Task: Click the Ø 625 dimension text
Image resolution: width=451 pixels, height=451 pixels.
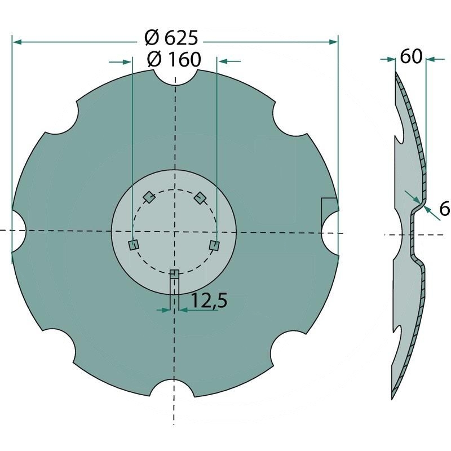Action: (171, 39)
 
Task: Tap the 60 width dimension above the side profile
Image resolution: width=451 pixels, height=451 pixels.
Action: (411, 57)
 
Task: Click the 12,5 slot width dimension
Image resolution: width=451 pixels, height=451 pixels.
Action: (209, 302)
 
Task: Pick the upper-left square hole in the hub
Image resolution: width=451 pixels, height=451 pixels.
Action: (149, 197)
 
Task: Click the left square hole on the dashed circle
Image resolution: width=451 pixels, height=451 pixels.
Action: (134, 244)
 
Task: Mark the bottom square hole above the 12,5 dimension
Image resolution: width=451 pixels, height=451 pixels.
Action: (174, 274)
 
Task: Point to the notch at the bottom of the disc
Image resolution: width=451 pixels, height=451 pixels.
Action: (174, 383)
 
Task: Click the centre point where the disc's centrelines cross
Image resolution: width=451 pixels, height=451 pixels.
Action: (175, 231)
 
